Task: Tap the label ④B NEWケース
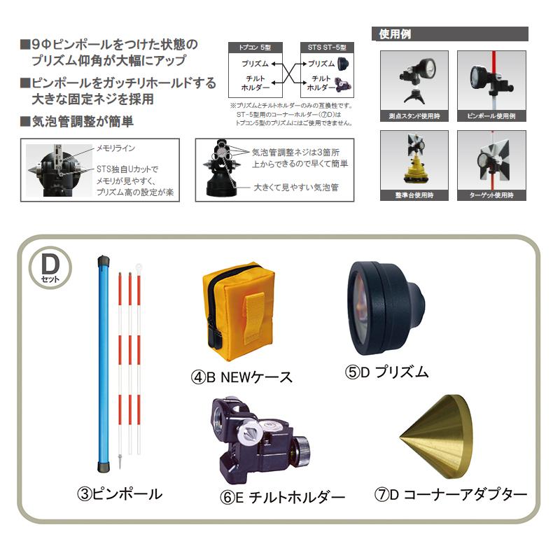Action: (241, 377)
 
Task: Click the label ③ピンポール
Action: (120, 493)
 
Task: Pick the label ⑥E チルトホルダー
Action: (283, 498)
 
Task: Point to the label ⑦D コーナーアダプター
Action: (451, 494)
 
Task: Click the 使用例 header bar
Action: (451, 34)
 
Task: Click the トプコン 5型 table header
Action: (251, 48)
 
